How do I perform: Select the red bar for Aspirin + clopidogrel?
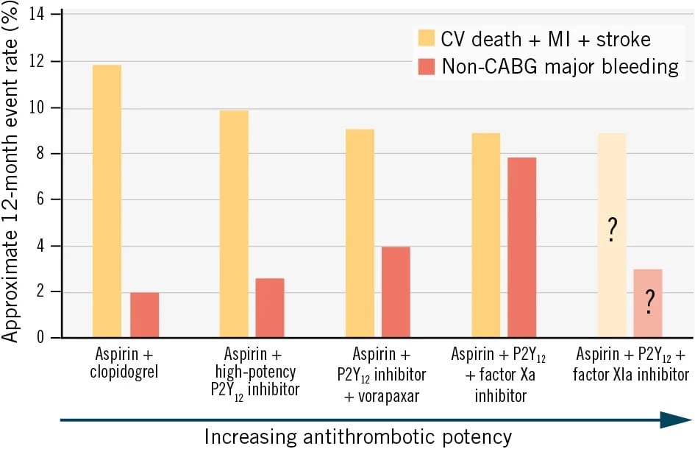pyautogui.click(x=145, y=314)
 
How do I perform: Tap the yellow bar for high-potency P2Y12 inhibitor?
pyautogui.click(x=234, y=224)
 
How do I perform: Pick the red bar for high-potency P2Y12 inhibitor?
pyautogui.click(x=270, y=308)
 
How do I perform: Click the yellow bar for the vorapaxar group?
pyautogui.click(x=360, y=233)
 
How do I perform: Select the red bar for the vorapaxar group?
pyautogui.click(x=396, y=292)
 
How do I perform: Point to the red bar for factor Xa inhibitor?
pyautogui.click(x=522, y=247)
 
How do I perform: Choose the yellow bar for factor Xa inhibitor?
pyautogui.click(x=486, y=236)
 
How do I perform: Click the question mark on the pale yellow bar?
pyautogui.click(x=612, y=232)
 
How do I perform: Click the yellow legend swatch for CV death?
pyautogui.click(x=427, y=38)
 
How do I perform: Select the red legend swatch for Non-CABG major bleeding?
pyautogui.click(x=427, y=66)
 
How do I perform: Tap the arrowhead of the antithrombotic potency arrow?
pyautogui.click(x=674, y=420)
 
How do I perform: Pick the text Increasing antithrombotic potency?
pyautogui.click(x=358, y=436)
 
